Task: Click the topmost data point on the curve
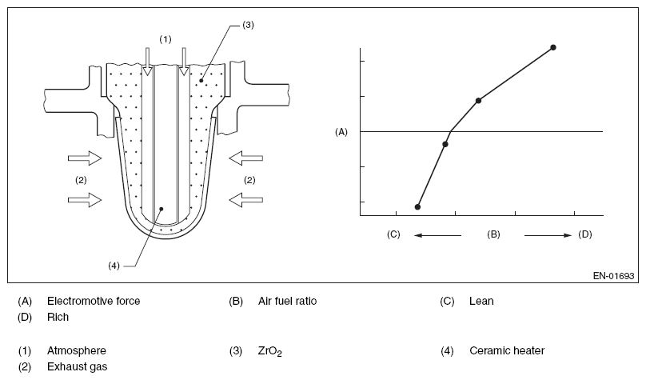[x=553, y=48]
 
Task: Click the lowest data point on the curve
[x=417, y=207]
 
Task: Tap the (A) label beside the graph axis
[x=341, y=131]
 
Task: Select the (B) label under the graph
[x=493, y=234]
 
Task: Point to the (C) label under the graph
[x=393, y=234]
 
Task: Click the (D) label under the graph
[x=585, y=234]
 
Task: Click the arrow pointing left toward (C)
[x=437, y=235]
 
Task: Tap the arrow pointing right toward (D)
[x=548, y=235]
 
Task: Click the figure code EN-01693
[x=613, y=276]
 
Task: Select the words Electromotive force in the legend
[x=94, y=302]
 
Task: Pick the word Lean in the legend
[x=481, y=302]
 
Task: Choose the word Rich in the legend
[x=58, y=317]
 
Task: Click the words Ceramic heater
[x=507, y=350]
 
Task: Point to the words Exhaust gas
[x=77, y=366]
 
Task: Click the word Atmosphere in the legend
[x=77, y=350]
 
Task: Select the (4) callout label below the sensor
[x=113, y=266]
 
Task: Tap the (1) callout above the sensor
[x=165, y=38]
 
